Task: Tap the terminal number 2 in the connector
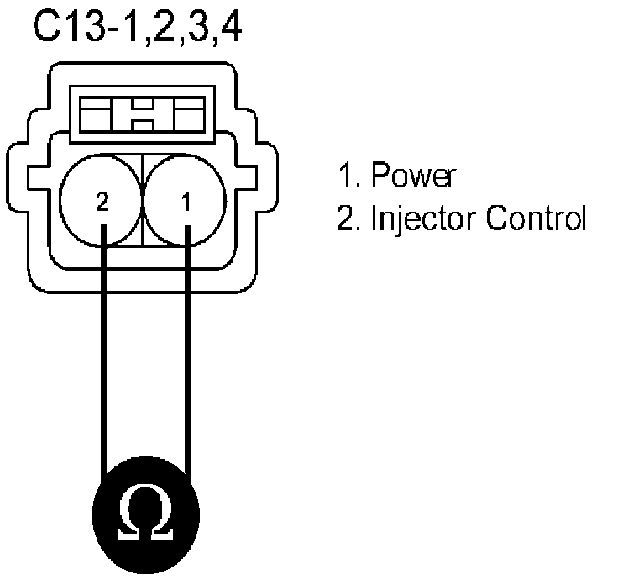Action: click(102, 203)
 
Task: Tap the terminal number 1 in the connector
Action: click(186, 203)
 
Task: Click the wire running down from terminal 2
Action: click(102, 353)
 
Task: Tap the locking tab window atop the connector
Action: click(144, 112)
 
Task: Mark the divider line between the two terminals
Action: click(144, 202)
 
